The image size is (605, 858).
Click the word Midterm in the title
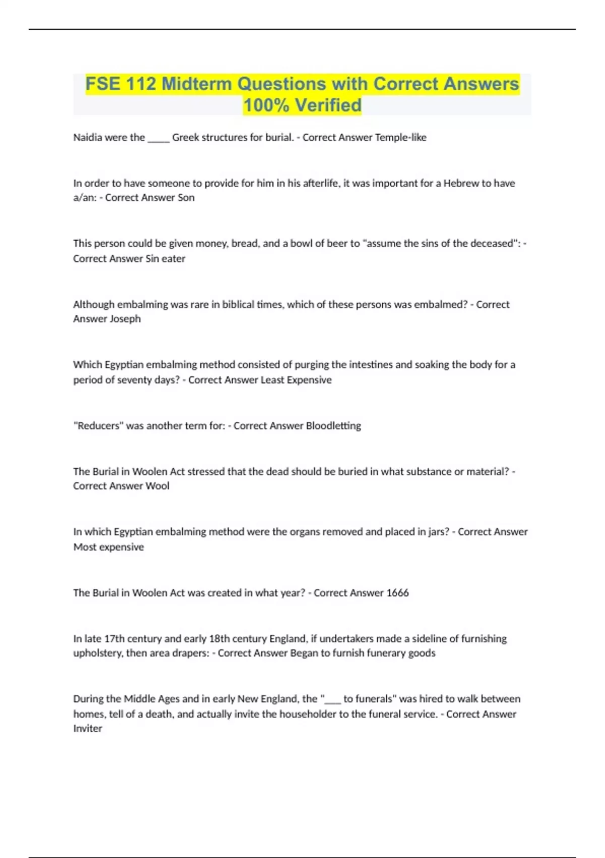point(197,84)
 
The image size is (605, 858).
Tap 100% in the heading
point(266,105)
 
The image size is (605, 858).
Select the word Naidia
point(88,137)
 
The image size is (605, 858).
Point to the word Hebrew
point(461,183)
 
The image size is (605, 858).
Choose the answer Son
point(186,198)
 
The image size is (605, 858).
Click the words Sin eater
point(165,258)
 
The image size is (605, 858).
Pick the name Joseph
point(125,319)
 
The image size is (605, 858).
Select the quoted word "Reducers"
point(98,426)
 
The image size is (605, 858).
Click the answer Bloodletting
point(333,426)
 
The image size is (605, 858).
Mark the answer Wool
point(157,486)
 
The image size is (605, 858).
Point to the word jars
point(437,532)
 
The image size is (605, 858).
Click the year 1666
point(397,593)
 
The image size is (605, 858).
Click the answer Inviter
point(88,729)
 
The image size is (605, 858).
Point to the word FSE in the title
point(103,84)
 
